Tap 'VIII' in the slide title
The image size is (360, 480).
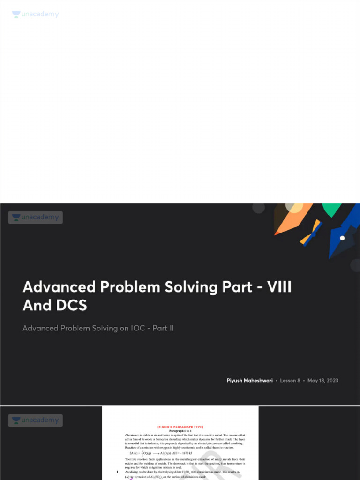pos(279,287)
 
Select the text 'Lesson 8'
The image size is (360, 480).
pos(290,380)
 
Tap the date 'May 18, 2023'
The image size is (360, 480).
pos(322,380)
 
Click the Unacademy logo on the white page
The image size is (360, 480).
pos(36,15)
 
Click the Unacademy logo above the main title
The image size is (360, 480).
pos(36,217)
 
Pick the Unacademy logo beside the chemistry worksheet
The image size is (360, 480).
pos(36,420)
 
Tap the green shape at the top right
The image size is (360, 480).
pos(331,210)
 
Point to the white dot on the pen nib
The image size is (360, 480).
pos(342,238)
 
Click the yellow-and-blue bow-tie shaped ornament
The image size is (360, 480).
pos(311,232)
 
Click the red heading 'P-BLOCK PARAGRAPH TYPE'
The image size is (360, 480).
pos(180,427)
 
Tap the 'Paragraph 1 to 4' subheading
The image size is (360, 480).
pos(180,431)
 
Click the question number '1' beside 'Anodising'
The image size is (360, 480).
pos(117,472)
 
